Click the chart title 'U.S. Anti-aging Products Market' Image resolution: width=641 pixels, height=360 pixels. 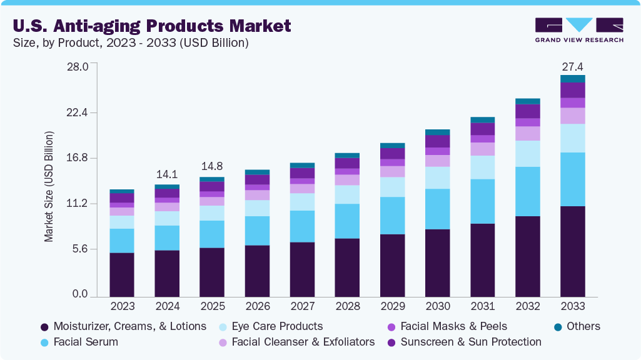pyautogui.click(x=152, y=26)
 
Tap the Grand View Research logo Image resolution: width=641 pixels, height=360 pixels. pyautogui.click(x=578, y=30)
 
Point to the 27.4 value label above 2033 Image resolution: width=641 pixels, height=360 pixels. pyautogui.click(x=572, y=66)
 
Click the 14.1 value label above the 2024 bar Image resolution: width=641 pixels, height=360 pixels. pyautogui.click(x=167, y=174)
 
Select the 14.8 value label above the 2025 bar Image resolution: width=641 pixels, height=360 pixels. pyautogui.click(x=212, y=167)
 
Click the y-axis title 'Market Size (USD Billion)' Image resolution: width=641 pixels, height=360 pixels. pyautogui.click(x=49, y=187)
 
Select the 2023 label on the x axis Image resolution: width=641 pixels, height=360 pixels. pyautogui.click(x=122, y=306)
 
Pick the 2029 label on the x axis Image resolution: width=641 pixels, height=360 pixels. pyautogui.click(x=392, y=306)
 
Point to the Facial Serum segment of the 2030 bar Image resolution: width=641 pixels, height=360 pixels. pyautogui.click(x=437, y=209)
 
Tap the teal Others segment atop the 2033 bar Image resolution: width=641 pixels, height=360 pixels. pyautogui.click(x=572, y=79)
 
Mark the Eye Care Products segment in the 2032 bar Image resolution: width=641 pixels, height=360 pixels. pyautogui.click(x=527, y=154)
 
